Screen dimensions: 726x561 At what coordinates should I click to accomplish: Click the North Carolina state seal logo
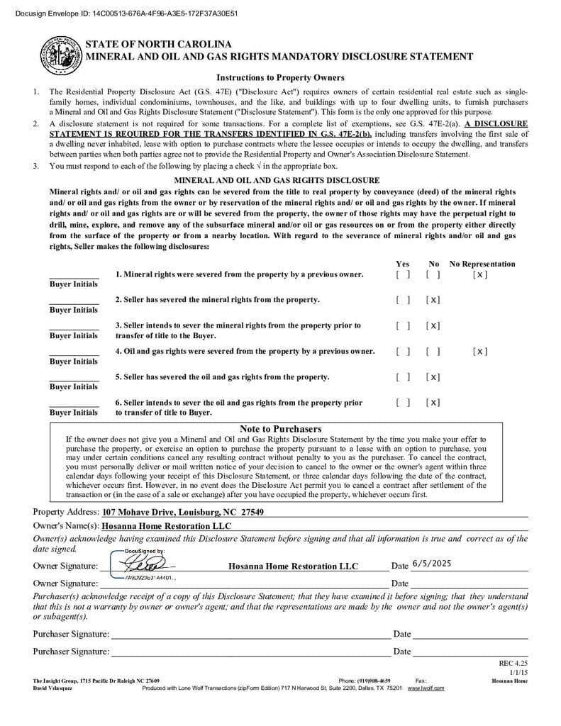60,54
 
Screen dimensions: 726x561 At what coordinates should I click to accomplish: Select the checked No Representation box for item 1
480,274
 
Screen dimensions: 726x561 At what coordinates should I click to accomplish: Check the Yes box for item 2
403,300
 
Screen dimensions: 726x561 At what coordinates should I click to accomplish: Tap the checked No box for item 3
433,325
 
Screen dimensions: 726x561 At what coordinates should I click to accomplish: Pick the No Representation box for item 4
480,351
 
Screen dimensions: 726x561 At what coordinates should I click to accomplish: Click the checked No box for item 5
433,377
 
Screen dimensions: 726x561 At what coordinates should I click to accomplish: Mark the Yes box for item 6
403,403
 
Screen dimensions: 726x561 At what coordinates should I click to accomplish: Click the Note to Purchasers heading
280,429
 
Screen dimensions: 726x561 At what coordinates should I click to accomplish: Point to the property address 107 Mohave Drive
183,512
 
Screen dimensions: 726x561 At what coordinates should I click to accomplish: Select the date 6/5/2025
431,564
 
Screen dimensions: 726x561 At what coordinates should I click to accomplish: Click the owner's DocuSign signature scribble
142,564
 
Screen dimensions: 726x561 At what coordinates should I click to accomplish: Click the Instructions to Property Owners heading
280,78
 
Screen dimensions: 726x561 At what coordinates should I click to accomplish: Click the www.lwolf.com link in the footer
426,688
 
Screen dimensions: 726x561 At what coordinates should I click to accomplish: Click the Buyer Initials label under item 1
74,284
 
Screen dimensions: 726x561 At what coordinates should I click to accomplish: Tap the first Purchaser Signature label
71,634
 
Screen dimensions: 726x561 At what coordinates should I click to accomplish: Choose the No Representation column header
482,264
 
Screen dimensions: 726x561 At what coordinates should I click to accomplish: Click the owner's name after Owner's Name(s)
167,526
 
